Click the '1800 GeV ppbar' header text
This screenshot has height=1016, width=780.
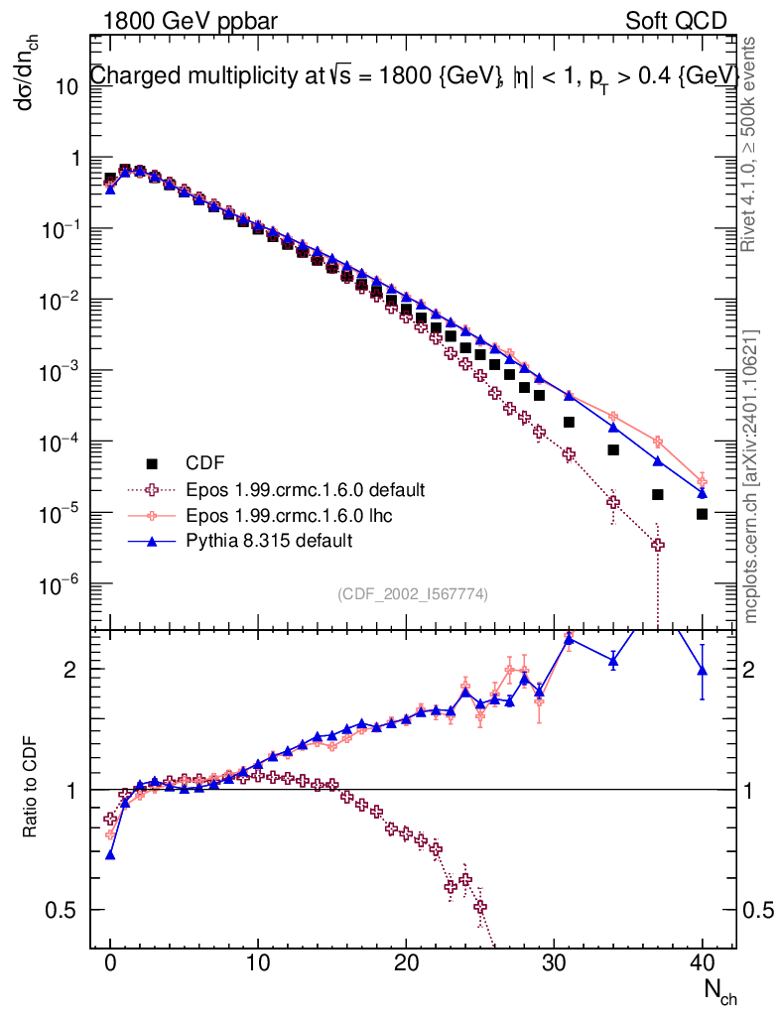tap(191, 22)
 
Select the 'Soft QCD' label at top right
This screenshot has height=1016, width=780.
tap(676, 22)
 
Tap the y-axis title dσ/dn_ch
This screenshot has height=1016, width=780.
tap(27, 72)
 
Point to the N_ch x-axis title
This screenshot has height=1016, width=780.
tap(720, 991)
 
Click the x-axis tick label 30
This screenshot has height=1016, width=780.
tap(554, 961)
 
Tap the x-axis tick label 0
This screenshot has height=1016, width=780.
tap(110, 961)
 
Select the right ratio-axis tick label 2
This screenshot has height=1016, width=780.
tap(748, 670)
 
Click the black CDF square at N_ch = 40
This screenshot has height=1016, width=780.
tap(702, 514)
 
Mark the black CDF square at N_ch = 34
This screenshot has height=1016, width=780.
tap(613, 449)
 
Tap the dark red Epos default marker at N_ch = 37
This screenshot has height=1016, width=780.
tap(658, 545)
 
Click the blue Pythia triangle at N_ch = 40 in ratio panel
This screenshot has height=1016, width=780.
tap(702, 671)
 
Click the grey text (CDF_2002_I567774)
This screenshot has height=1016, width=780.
tap(413, 593)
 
